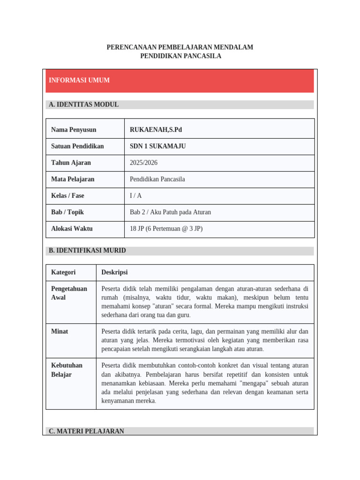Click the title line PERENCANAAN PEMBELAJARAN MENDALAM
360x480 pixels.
180,47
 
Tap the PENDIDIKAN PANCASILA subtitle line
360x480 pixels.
180,56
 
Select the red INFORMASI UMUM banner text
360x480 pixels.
79,80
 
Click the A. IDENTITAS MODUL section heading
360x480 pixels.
84,105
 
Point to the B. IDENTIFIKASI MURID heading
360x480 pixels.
87,251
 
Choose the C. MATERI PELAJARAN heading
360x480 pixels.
86,431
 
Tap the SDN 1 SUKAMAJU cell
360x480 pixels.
158,146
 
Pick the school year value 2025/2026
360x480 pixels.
144,163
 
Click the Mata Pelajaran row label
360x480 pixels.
73,179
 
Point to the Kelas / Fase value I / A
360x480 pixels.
136,195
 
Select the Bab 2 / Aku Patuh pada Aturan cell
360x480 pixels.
171,212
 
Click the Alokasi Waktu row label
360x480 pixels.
72,229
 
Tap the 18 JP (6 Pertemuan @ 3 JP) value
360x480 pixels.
166,229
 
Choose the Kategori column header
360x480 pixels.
63,272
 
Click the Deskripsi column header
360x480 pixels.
114,272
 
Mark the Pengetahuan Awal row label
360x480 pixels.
69,293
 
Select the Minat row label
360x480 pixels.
60,331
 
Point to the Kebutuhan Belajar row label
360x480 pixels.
67,370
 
